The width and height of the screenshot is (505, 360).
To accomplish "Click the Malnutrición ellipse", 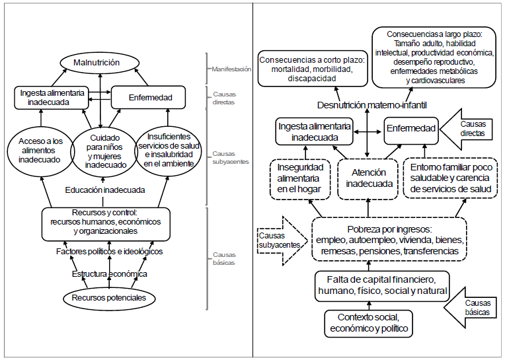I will [101, 63].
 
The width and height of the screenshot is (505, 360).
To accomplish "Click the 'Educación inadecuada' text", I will [105, 190].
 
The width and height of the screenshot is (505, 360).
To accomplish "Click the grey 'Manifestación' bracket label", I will [231, 68].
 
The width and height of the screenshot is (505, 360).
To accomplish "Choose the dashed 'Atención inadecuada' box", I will [366, 178].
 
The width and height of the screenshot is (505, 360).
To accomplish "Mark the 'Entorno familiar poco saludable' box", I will [451, 178].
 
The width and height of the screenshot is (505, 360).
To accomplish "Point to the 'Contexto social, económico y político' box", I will [369, 322].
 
